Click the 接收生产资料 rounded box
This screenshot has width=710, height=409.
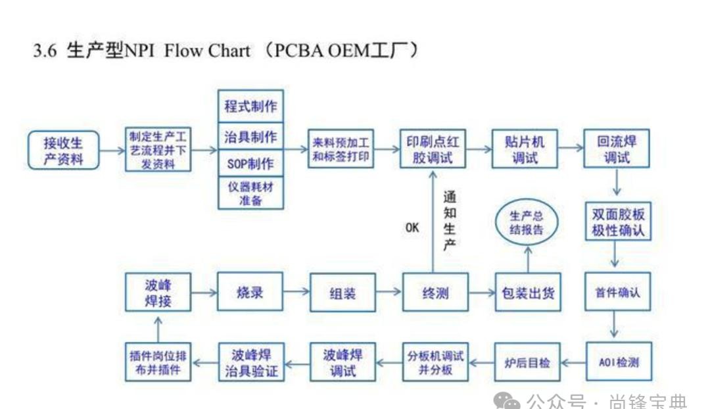[x=64, y=150]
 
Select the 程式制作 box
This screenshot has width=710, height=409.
[x=250, y=105]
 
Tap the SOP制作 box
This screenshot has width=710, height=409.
[x=250, y=163]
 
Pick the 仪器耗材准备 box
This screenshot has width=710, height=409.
[x=250, y=193]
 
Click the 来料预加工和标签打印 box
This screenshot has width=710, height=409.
[x=341, y=150]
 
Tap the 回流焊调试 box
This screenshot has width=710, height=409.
[x=617, y=149]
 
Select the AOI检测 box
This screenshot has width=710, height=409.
[x=619, y=362]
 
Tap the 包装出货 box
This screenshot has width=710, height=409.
[x=527, y=292]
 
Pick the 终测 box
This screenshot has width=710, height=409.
[x=434, y=293]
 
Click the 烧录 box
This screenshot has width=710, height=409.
[x=250, y=291]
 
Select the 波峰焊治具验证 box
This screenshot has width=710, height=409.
[x=250, y=362]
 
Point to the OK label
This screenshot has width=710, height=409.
[x=412, y=228]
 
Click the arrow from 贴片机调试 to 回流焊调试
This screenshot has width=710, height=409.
[x=571, y=149]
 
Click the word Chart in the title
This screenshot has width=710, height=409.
[x=229, y=51]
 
